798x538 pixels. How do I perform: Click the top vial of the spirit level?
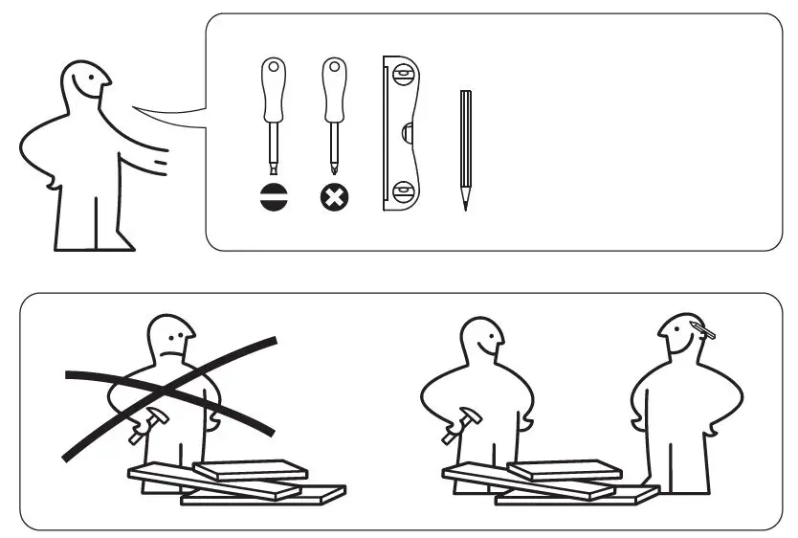pos(403,72)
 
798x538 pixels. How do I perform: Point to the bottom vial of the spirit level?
pos(403,189)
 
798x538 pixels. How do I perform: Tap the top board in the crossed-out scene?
pos(251,469)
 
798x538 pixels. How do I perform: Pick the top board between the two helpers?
pos(565,469)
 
